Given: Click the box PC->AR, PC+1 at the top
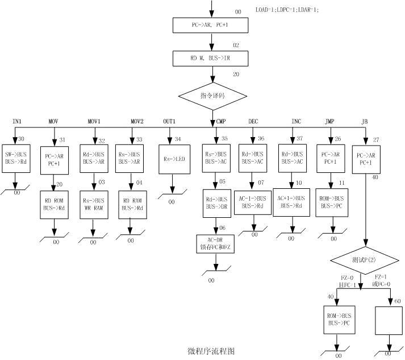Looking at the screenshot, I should (x=211, y=26).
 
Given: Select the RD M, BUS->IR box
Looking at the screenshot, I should (x=211, y=59).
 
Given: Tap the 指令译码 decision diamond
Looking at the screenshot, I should (x=212, y=96).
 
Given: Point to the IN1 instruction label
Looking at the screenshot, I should (x=17, y=122).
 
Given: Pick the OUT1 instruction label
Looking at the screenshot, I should (x=170, y=122).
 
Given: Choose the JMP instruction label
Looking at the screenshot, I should (x=329, y=122).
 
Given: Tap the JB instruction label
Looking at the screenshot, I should (x=364, y=122).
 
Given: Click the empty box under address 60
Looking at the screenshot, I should (x=389, y=321).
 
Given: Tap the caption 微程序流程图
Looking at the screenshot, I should (x=210, y=351).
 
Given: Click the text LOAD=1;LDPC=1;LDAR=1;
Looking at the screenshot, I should (x=287, y=10).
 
